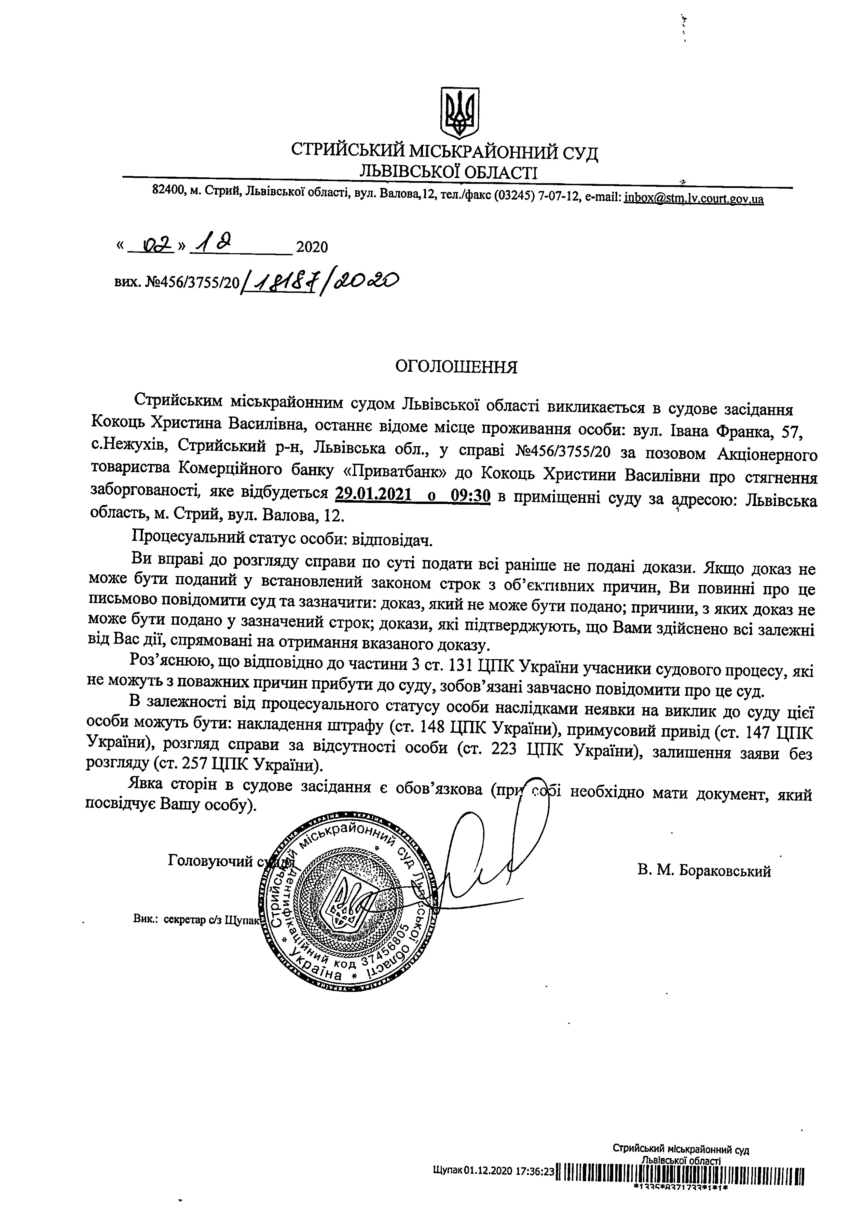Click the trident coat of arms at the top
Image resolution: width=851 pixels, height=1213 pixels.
tap(459, 113)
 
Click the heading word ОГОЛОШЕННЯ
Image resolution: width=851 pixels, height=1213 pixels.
tap(456, 367)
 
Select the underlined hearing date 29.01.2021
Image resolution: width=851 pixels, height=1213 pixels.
tap(373, 495)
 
